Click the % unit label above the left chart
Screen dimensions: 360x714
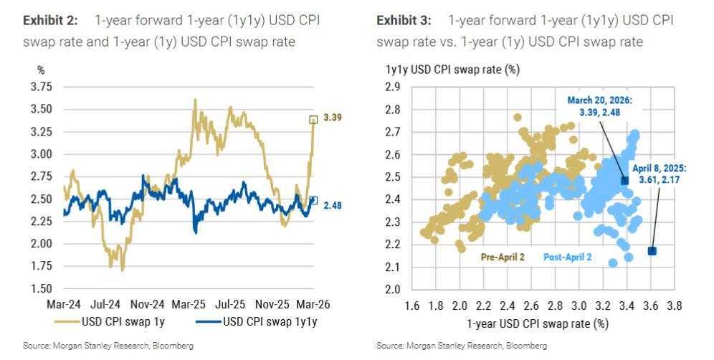(41, 70)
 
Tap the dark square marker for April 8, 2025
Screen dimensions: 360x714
(652, 251)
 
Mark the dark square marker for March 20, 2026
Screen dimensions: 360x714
(624, 181)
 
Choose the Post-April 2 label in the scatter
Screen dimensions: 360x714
(568, 256)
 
